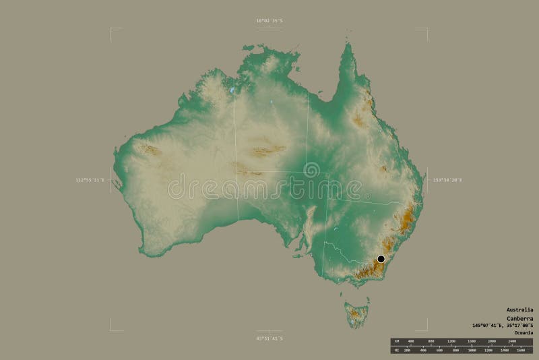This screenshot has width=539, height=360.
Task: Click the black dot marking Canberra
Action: click(x=381, y=259)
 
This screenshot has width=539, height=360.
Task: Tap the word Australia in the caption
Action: click(x=519, y=309)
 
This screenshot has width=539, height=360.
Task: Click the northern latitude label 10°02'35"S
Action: click(x=269, y=21)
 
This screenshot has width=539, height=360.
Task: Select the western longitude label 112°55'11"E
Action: click(x=90, y=180)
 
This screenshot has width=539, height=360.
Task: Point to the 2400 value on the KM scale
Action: click(x=512, y=341)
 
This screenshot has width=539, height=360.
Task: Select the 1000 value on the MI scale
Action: click(x=472, y=350)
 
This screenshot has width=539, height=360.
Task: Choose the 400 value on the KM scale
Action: click(x=411, y=341)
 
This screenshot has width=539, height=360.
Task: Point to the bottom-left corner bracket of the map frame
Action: click(x=110, y=330)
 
